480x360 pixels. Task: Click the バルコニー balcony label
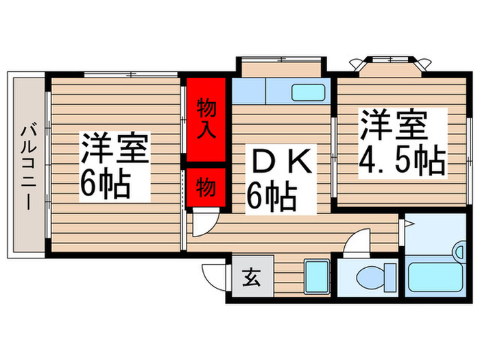pos(28,166)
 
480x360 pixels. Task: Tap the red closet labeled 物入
pos(206,118)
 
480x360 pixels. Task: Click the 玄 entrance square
pos(251,278)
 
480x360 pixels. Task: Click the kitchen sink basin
pos(309,91)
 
